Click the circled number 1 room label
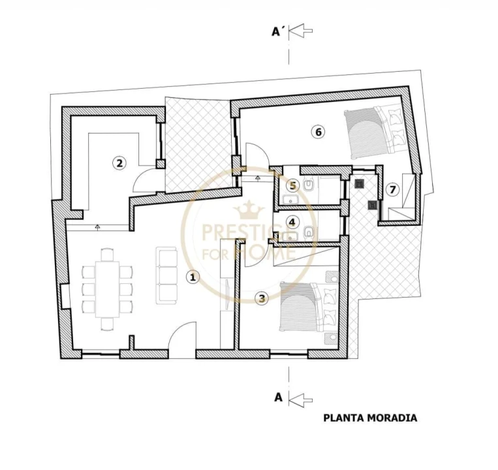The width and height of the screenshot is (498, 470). (x=193, y=277)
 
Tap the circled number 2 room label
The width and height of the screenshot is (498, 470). (x=119, y=163)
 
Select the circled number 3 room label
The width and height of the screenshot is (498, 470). (x=262, y=298)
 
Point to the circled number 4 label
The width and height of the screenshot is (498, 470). (x=292, y=222)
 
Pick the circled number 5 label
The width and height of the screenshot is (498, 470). (x=293, y=186)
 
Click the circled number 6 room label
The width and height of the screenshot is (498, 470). (x=319, y=131)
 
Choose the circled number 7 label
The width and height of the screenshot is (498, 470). (x=393, y=189)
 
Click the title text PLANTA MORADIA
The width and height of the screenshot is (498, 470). (x=370, y=418)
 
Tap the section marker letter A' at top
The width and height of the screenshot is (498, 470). (x=277, y=31)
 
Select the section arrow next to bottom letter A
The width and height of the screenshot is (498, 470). (x=302, y=399)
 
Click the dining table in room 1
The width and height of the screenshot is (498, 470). (x=107, y=289)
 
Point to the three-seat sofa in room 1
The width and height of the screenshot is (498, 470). (x=166, y=275)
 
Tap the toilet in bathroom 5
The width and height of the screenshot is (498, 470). (x=308, y=185)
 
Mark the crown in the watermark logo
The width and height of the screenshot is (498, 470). (x=249, y=210)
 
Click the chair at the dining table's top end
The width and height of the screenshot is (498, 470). (x=107, y=255)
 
